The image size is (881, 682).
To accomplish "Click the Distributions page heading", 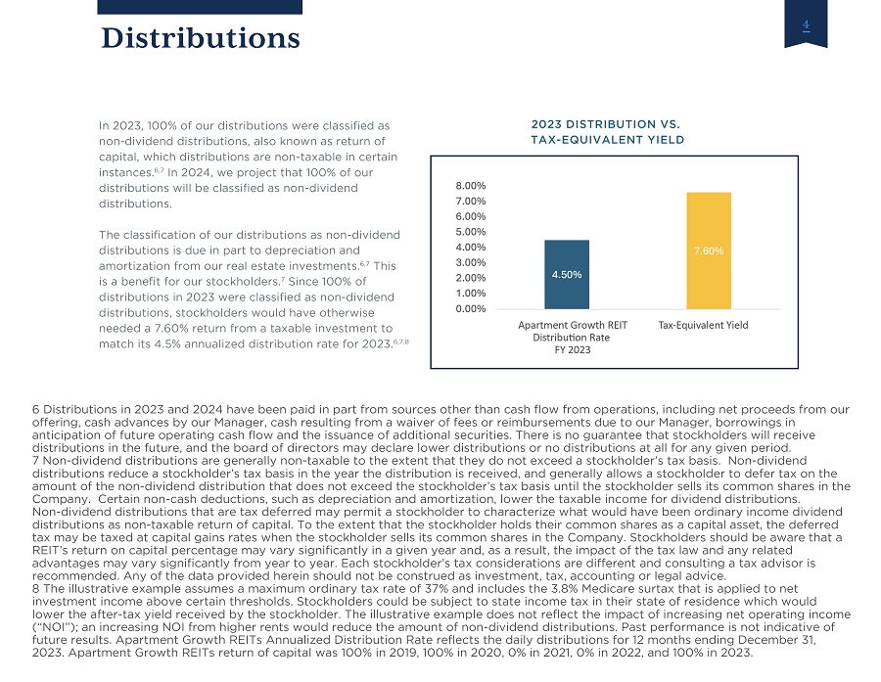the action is (x=201, y=38).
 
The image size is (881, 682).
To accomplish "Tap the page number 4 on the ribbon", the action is (x=806, y=24).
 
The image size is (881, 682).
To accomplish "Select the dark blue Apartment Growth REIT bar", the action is (x=567, y=275).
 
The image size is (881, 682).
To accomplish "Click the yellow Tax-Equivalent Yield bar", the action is (x=709, y=250).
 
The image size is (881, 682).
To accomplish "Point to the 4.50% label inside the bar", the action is (x=567, y=275).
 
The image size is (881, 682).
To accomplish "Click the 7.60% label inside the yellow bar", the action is (x=709, y=251).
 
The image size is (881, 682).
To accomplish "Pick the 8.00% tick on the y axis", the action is (x=471, y=186).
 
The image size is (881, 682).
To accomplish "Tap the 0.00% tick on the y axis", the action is (x=471, y=309).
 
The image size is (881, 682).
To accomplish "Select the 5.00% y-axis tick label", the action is (x=471, y=232).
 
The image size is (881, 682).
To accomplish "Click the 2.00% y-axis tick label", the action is (x=471, y=278).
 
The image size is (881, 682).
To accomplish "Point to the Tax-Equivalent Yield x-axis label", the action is (x=704, y=325).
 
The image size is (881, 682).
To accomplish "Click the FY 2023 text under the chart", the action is (x=573, y=350).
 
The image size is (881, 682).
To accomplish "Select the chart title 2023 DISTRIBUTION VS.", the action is (x=606, y=124).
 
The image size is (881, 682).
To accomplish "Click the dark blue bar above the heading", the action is (x=200, y=7).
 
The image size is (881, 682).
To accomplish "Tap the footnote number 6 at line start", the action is (x=36, y=410).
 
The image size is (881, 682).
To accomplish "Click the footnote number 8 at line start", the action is (x=36, y=589).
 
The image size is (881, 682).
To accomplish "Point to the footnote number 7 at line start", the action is (x=36, y=461).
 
